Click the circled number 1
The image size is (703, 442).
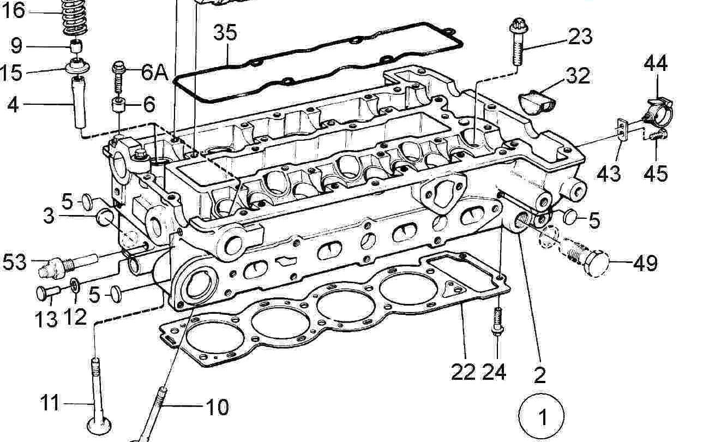pos(542,416)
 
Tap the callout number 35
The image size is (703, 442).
pos(225,33)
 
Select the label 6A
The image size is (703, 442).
pos(155,72)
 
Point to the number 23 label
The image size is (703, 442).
pos(580,37)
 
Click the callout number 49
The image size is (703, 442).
pos(645,264)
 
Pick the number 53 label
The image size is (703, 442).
pos(14,262)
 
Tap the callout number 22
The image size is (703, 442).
pos(463,372)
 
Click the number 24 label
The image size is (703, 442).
pos(494,372)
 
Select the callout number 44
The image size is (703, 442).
pos(656,63)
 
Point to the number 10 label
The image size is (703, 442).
pos(217,407)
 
